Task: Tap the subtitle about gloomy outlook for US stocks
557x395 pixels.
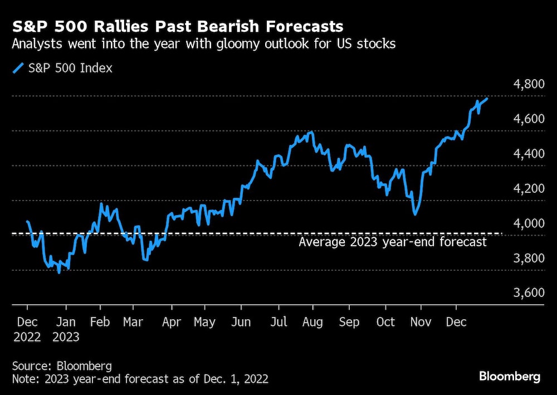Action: (x=204, y=45)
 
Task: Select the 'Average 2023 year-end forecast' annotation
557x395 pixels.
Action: (x=393, y=242)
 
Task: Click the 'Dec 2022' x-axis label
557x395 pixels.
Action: (x=27, y=329)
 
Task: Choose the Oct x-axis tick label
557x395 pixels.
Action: (x=385, y=323)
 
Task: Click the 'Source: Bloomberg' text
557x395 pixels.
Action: (x=62, y=366)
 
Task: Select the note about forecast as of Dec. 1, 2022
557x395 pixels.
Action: (x=140, y=379)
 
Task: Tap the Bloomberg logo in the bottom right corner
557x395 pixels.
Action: (x=510, y=377)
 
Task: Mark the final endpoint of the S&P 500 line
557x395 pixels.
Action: (x=488, y=99)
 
